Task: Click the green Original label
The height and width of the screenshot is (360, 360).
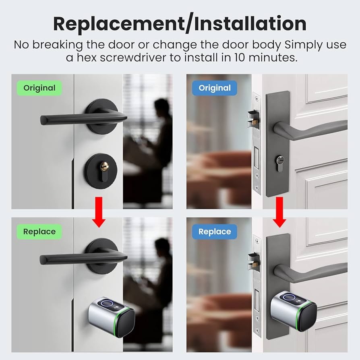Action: (39, 88)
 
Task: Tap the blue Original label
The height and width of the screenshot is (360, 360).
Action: (215, 88)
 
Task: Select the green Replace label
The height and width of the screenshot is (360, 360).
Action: (39, 232)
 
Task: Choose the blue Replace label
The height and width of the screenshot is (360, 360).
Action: (215, 232)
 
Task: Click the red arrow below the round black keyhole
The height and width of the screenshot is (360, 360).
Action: (99, 212)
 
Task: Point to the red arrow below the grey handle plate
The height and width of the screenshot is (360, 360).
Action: (279, 212)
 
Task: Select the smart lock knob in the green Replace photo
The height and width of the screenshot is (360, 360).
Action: (112, 317)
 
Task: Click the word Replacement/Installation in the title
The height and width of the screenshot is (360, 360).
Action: (180, 24)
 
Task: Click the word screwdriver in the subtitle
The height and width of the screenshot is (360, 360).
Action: (133, 58)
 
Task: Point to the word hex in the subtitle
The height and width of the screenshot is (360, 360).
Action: (87, 58)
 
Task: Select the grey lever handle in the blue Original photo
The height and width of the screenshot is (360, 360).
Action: (310, 130)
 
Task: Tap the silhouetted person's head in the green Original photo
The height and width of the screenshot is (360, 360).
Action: (162, 106)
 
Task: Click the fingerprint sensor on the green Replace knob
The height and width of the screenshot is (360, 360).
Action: (107, 304)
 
